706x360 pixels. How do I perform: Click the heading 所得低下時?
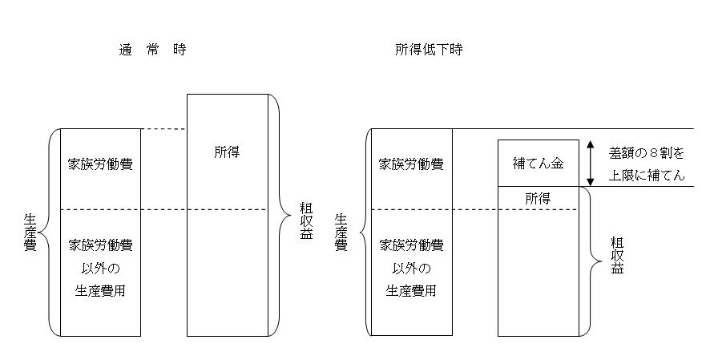428,50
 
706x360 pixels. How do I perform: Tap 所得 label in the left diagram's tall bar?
227,152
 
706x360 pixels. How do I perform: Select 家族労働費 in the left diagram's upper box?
100,164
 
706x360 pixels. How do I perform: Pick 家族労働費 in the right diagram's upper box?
410,164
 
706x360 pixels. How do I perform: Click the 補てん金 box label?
538,164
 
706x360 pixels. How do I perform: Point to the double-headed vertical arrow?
591,164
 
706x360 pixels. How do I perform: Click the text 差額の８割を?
647,152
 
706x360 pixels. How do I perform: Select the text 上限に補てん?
647,176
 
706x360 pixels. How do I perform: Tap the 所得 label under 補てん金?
538,197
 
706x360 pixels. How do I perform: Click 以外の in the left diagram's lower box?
100,268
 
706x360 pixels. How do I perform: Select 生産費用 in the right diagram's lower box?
410,290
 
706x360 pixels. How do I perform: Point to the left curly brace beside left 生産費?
51,231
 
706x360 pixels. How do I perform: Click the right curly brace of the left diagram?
280,215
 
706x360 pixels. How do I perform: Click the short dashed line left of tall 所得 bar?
163,129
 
